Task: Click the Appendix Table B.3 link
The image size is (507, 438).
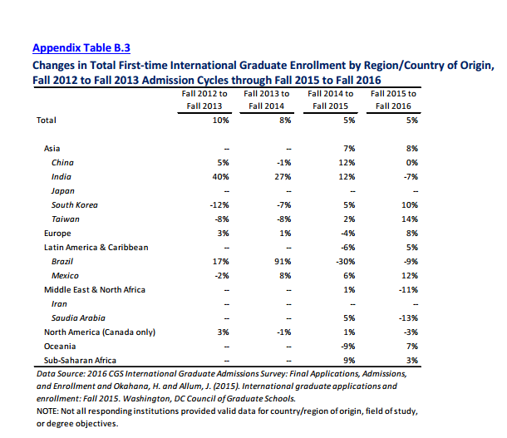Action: (x=81, y=48)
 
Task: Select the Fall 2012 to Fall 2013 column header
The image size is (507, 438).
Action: (x=204, y=100)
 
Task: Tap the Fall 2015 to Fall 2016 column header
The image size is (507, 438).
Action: (x=393, y=100)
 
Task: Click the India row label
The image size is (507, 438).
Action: (x=62, y=177)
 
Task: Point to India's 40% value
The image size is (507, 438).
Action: (x=220, y=177)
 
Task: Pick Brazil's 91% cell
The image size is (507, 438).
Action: (x=283, y=262)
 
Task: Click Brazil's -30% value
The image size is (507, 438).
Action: (x=345, y=262)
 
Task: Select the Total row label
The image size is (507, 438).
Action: (x=47, y=121)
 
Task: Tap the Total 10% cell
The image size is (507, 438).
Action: (x=220, y=121)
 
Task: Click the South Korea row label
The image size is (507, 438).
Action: (x=74, y=205)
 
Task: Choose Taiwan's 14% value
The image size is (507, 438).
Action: (x=410, y=219)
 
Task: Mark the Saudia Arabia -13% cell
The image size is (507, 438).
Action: (x=408, y=318)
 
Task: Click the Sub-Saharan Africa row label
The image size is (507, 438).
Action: (x=80, y=361)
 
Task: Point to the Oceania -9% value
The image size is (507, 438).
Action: (x=348, y=347)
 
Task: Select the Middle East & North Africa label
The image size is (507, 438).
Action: (x=95, y=289)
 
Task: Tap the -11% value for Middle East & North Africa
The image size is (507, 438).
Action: (x=408, y=290)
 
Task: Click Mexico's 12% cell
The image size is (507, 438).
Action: (x=410, y=276)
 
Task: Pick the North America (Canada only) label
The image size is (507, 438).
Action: (x=100, y=332)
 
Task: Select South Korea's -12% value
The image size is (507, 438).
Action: (x=219, y=205)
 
